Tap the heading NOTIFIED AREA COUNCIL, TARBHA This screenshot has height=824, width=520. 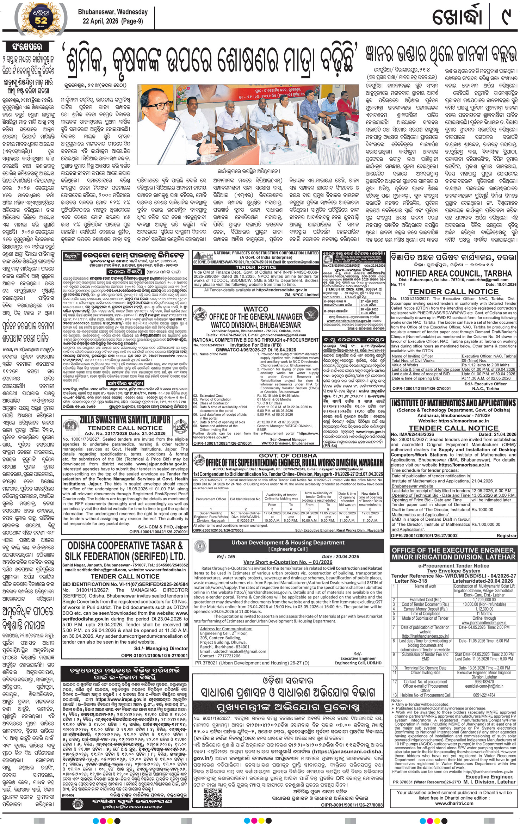point(453,273)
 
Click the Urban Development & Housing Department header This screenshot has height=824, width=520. point(288,543)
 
